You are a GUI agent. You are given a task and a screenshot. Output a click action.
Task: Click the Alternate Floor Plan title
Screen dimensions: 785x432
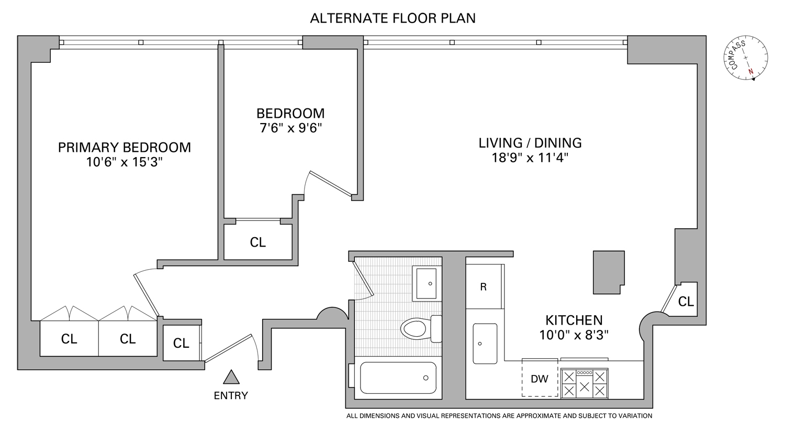[392, 18]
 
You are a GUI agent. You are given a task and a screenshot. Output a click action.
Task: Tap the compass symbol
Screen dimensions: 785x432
[745, 58]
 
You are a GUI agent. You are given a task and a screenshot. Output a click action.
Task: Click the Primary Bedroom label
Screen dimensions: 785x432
[125, 147]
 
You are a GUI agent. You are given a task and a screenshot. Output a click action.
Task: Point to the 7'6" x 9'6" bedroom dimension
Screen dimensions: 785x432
[290, 128]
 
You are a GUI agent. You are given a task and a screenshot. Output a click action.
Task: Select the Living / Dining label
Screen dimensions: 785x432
[530, 143]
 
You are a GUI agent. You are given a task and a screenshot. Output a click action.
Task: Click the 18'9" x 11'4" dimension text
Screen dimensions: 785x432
[530, 158]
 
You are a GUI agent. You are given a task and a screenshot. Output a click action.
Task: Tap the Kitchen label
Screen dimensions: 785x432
[574, 320]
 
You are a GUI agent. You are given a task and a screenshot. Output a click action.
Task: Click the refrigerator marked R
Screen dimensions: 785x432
[484, 286]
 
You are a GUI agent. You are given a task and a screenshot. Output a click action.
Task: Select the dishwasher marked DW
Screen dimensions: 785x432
[540, 378]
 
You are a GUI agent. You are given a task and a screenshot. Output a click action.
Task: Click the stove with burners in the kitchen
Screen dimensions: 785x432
[584, 384]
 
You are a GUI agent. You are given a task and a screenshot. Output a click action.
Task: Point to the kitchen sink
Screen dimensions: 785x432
[485, 344]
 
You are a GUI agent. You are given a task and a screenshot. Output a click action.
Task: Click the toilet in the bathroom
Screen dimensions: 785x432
[421, 329]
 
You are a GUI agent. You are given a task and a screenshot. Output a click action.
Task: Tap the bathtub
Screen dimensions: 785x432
[398, 378]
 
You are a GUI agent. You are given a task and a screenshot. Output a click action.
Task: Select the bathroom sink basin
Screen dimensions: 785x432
[427, 283]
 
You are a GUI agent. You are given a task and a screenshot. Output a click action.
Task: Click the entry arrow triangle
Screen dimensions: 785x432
[231, 377]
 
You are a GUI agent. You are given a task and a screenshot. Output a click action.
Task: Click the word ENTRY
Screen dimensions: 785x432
[231, 395]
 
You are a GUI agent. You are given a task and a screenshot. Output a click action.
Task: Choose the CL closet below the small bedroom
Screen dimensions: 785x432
[258, 242]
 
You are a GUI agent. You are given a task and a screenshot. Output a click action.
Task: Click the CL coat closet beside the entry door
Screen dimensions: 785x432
[181, 343]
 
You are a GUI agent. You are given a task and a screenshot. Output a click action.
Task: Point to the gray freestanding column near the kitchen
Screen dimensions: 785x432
[609, 272]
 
